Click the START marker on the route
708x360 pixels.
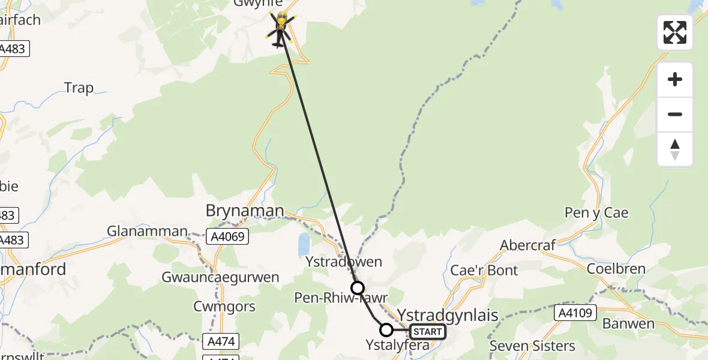pos(428,331)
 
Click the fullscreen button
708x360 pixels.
pos(675,32)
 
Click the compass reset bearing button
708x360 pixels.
pos(675,149)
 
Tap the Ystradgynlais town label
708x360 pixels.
pos(448,315)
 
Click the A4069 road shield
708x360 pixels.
pos(229,237)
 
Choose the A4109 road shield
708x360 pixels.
pos(575,313)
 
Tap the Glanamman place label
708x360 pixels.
pos(147,231)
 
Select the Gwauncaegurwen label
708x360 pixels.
pos(220,277)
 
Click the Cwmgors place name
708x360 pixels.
pos(224,307)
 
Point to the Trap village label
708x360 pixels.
pos(79,88)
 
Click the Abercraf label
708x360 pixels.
pos(528,245)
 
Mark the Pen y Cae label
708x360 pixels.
pos(596,212)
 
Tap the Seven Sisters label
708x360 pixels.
pos(532,346)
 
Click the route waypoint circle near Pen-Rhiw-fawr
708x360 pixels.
pos(358,288)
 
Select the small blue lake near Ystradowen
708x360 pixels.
pos(304,245)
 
